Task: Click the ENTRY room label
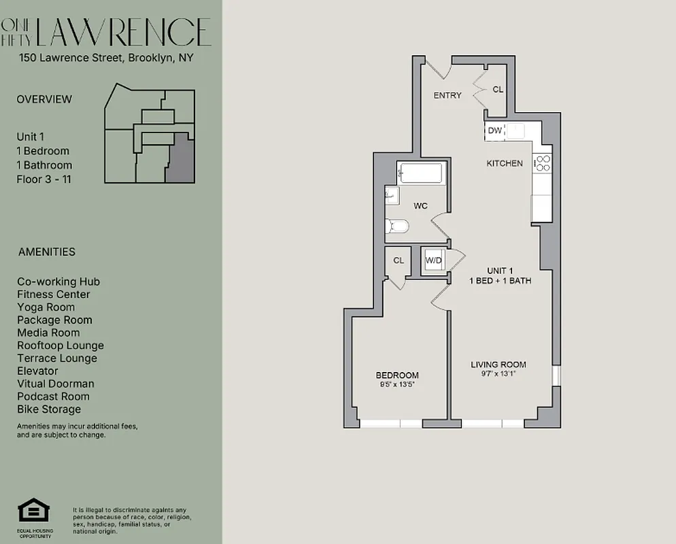tap(447, 95)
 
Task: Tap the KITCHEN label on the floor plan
tap(504, 163)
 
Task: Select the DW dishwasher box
tap(494, 131)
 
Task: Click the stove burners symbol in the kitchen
tap(543, 163)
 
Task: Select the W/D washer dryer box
tap(433, 260)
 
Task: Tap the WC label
tap(420, 205)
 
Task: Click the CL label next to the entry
tap(498, 89)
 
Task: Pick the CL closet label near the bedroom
tap(399, 260)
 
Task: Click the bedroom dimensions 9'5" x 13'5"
tap(397, 384)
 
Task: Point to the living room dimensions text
tap(498, 373)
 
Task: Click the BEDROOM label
tap(397, 375)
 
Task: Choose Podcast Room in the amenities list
tap(54, 396)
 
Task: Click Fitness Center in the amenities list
tap(53, 294)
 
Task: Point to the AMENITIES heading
tap(46, 252)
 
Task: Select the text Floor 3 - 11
tap(44, 180)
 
